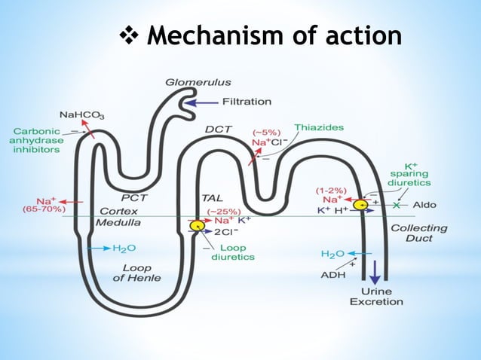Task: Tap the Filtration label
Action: [247, 102]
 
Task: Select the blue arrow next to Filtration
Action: [201, 102]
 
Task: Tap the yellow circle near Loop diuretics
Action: [197, 224]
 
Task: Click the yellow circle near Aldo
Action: [361, 204]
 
